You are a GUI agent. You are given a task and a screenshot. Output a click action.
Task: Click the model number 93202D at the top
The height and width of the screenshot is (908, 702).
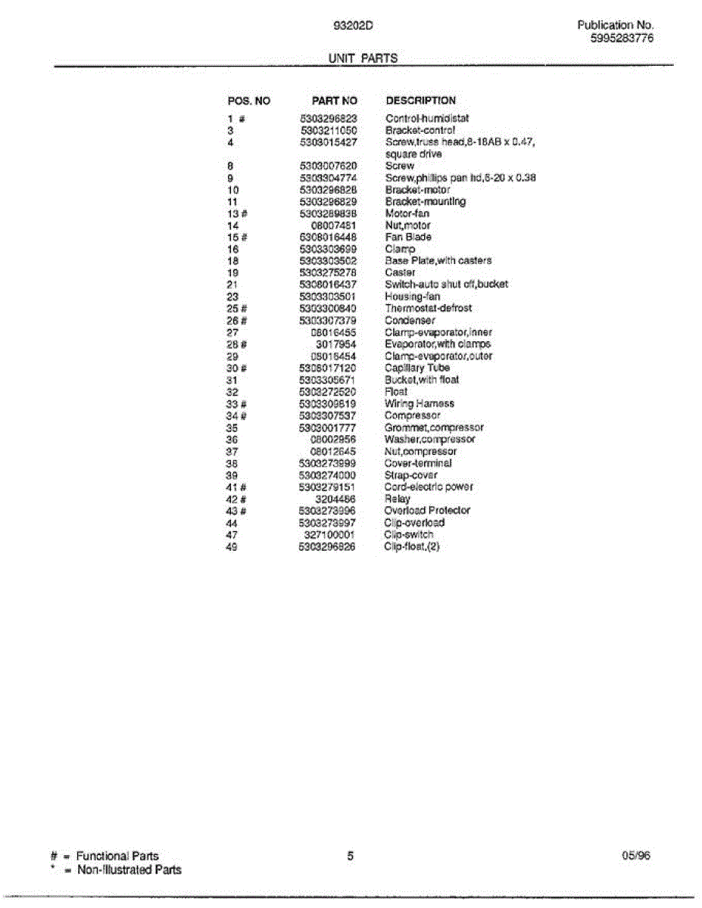(353, 25)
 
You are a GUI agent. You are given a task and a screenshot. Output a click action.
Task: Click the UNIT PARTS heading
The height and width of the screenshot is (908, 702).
(363, 58)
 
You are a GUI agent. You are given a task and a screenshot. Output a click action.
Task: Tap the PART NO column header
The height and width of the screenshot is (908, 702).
(334, 101)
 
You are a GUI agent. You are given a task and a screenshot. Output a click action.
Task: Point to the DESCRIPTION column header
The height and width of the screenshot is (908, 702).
(421, 101)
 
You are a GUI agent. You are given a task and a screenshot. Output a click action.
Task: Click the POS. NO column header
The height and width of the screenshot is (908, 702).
(248, 101)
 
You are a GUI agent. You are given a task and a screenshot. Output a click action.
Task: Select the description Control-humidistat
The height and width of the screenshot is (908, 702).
(427, 119)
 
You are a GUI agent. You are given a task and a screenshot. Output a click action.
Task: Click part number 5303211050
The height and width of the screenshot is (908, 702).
(329, 130)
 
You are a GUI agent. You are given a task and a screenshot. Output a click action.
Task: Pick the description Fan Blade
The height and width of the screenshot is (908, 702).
(408, 237)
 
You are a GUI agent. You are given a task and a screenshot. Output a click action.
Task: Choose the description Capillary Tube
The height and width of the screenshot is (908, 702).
(417, 368)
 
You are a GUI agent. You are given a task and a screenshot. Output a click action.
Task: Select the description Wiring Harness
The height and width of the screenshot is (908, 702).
(420, 403)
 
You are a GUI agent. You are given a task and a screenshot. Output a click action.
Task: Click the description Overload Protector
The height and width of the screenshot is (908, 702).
(427, 511)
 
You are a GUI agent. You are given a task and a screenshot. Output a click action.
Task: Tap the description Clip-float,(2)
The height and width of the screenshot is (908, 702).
(412, 546)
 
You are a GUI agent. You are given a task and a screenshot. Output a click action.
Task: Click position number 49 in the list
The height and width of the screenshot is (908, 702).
(232, 546)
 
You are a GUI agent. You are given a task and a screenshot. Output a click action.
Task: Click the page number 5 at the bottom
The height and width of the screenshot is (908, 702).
(351, 857)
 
